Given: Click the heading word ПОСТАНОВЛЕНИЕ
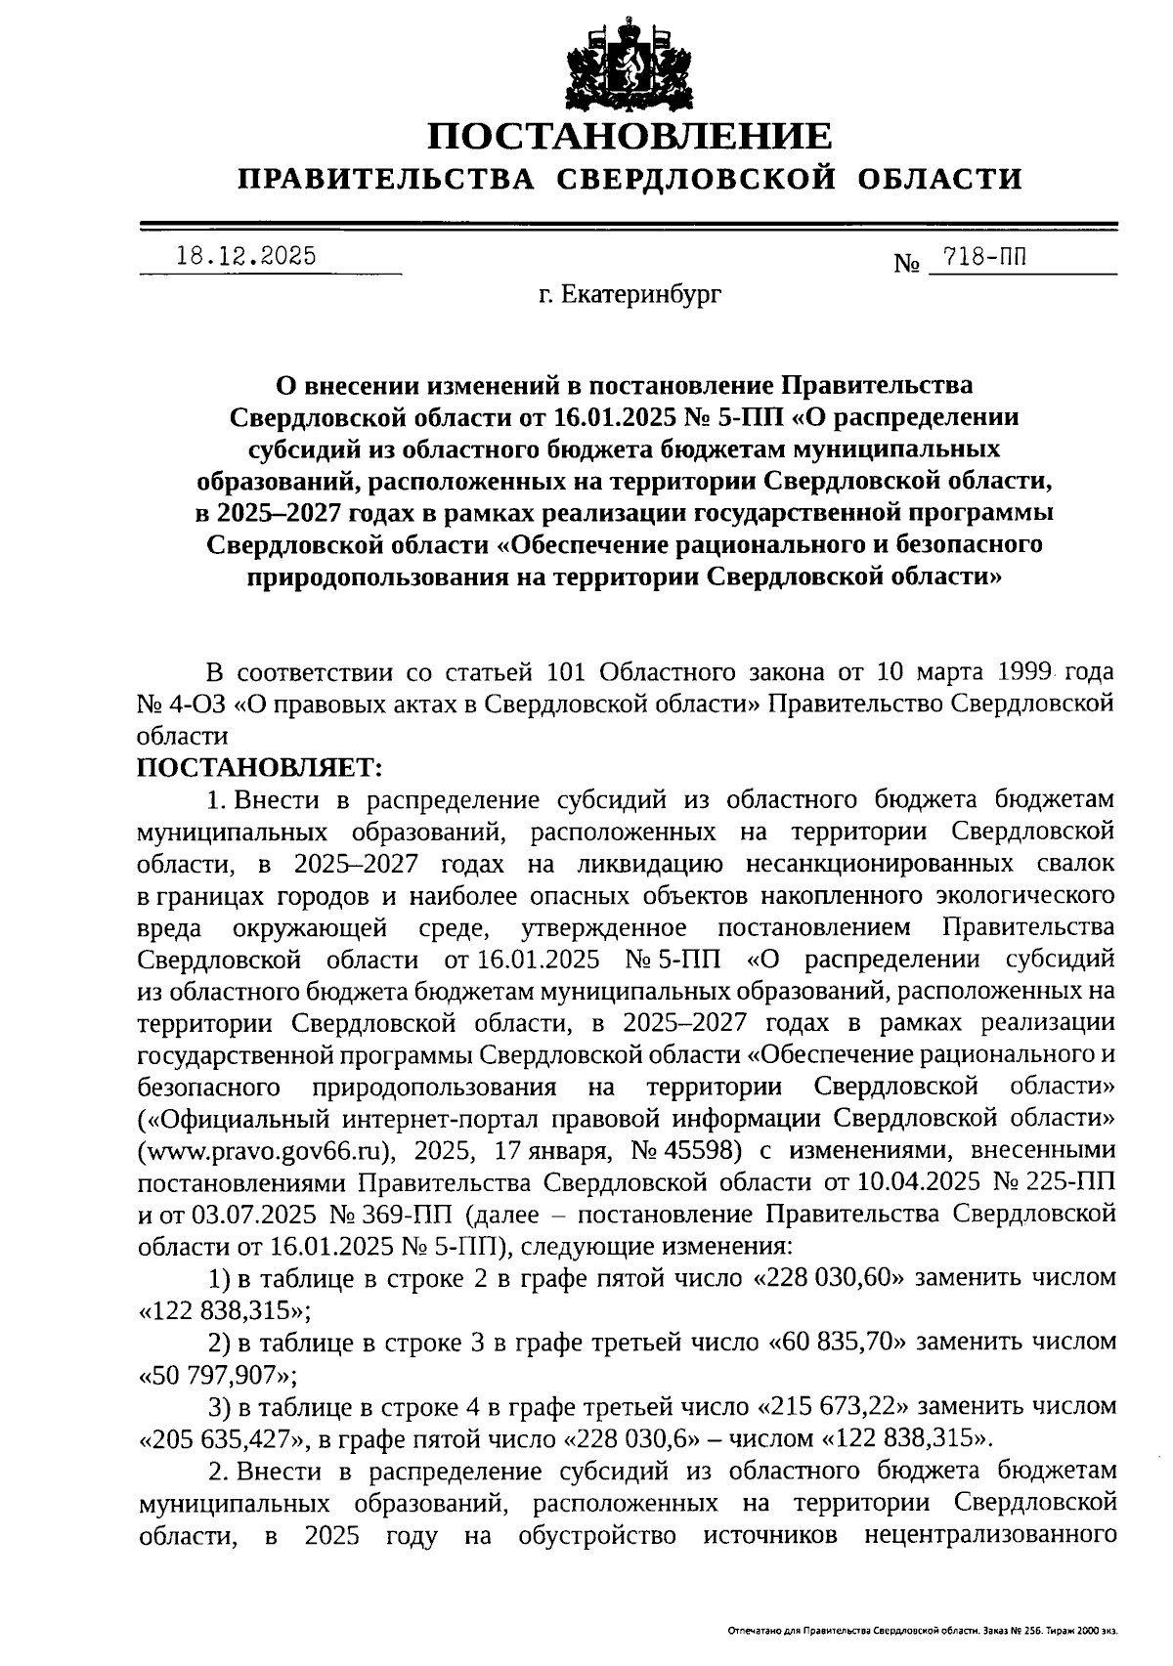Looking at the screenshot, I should coord(631,136).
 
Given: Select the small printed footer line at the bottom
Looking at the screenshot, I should coord(923,1631).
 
